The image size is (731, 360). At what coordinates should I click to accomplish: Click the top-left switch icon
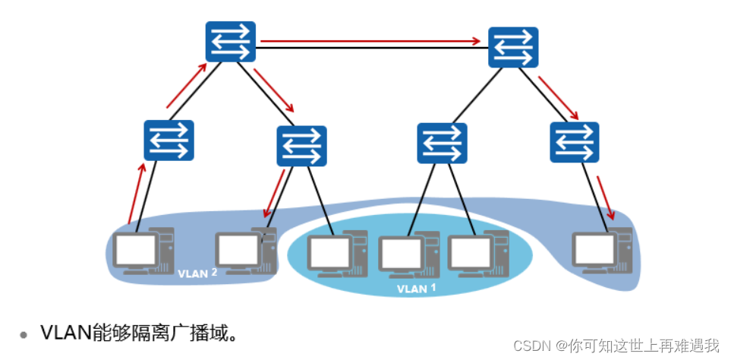click(230, 41)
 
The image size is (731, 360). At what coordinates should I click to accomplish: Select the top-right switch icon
click(513, 47)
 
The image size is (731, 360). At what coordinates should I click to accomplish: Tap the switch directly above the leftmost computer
click(169, 140)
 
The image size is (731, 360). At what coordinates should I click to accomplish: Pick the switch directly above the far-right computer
click(575, 142)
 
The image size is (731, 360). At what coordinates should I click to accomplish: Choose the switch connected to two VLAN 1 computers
click(442, 143)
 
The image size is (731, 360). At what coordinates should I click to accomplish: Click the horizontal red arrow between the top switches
click(372, 41)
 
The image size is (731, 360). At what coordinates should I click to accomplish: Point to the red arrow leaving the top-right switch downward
click(558, 97)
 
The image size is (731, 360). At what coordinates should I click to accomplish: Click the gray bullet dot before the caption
click(24, 333)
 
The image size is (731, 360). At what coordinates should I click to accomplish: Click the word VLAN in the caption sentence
click(65, 333)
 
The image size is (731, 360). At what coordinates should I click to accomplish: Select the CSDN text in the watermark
click(532, 346)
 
